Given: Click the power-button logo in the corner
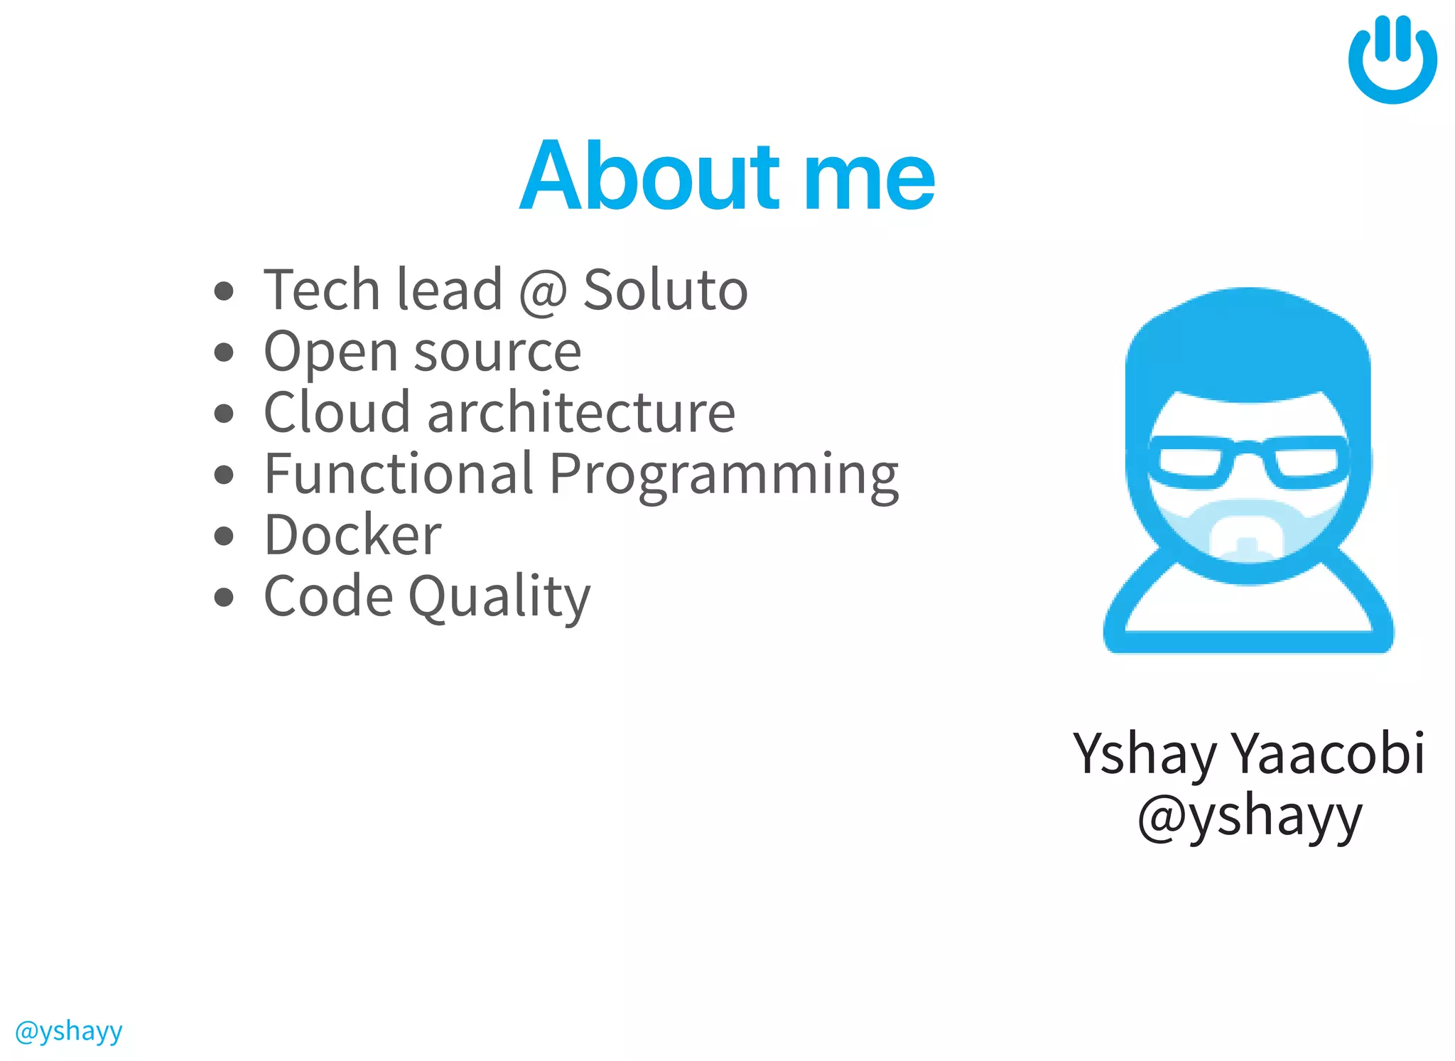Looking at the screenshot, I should click(1392, 60).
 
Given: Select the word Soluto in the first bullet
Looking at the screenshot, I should click(665, 290).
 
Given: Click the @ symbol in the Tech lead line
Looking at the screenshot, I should click(543, 291).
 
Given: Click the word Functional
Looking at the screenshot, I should click(399, 473).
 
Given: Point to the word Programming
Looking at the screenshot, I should click(724, 475).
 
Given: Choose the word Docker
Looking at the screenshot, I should click(352, 534).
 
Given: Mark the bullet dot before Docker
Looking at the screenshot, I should click(224, 536).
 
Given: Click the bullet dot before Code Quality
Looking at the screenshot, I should click(224, 597).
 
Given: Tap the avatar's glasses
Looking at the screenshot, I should click(1248, 463).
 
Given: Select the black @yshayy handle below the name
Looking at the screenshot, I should click(1250, 817).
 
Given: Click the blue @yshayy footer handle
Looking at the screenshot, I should click(68, 1031).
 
